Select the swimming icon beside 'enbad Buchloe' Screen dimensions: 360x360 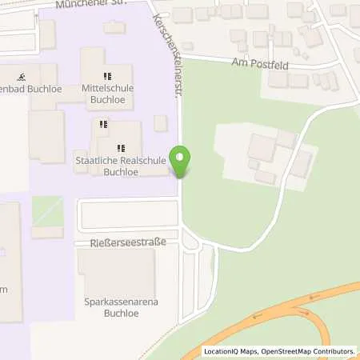tap(22, 77)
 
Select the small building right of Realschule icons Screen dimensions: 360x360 tap(160, 122)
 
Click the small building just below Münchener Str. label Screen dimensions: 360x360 tap(114, 27)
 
